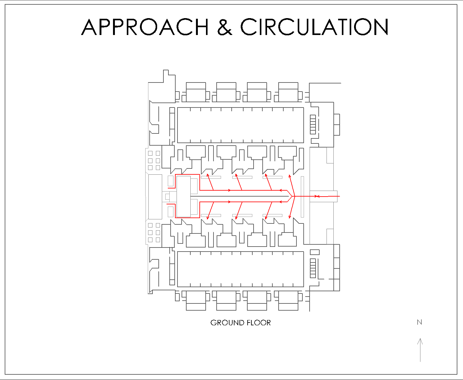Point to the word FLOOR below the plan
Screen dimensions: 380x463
(259, 323)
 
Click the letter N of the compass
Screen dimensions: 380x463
(419, 322)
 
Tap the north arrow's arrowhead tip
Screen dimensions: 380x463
(420, 339)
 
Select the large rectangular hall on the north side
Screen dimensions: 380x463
(240, 125)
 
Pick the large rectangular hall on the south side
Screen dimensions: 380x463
(240, 269)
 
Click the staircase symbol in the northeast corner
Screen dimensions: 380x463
(313, 124)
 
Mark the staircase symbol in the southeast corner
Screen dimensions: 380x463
(313, 268)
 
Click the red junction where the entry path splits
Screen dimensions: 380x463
(294, 196)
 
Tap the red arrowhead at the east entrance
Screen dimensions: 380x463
(317, 196)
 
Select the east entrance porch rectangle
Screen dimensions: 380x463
(323, 196)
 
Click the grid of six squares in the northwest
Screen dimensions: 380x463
(154, 160)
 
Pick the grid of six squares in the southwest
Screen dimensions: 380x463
(154, 232)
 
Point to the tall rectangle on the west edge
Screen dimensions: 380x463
(155, 197)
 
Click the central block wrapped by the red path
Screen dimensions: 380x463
(184, 196)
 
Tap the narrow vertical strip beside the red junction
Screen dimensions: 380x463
(302, 197)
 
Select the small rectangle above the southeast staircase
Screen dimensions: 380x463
(315, 252)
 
